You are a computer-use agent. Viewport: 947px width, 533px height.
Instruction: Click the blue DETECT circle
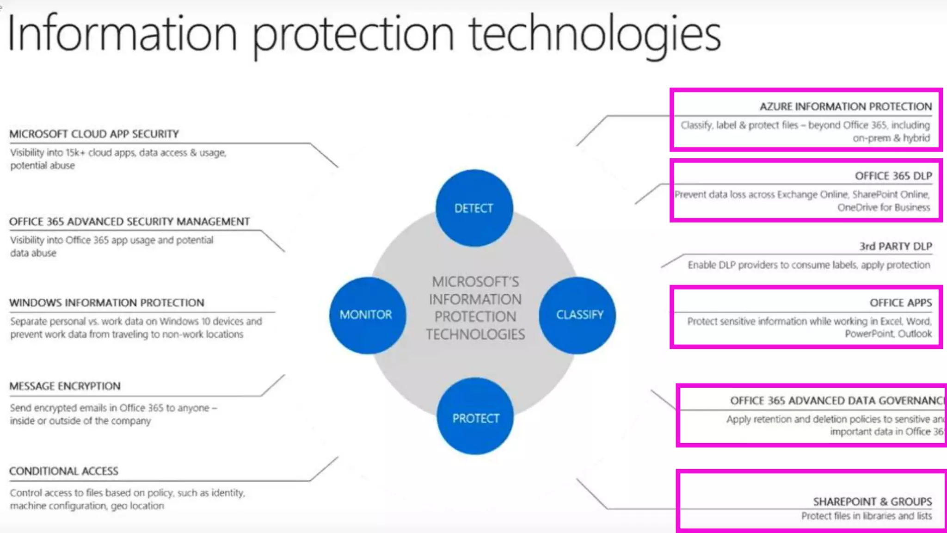click(x=474, y=208)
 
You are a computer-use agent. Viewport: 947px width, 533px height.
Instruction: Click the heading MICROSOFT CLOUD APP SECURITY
click(x=94, y=134)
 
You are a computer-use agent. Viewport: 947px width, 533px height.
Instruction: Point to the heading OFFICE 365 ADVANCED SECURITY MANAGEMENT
click(x=129, y=222)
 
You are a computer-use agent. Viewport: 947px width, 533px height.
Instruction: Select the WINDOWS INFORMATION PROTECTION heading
click(x=107, y=303)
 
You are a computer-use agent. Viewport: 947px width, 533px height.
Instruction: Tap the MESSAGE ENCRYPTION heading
click(x=65, y=386)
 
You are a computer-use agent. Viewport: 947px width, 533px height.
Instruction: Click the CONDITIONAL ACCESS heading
click(x=64, y=471)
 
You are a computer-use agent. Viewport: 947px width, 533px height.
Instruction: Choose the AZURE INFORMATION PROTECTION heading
click(x=846, y=107)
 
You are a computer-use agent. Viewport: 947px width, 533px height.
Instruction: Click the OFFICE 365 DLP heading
click(x=893, y=176)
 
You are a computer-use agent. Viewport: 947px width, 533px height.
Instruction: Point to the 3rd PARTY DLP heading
click(x=895, y=247)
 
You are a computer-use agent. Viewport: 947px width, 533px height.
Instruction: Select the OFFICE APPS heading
click(x=900, y=303)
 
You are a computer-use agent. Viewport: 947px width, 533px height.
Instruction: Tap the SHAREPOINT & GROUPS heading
click(x=872, y=502)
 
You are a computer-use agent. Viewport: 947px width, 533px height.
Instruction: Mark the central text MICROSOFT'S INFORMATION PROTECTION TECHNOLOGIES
click(x=475, y=308)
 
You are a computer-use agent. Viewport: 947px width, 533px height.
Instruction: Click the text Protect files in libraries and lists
click(x=866, y=516)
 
